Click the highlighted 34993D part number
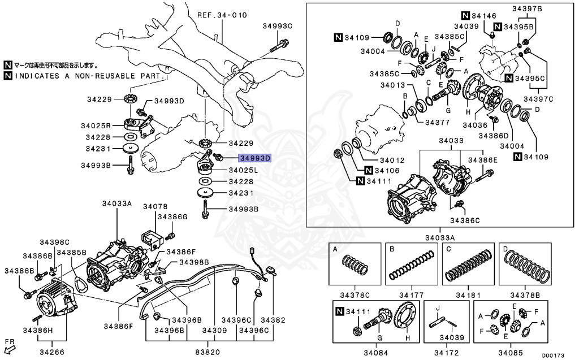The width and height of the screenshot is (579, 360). pyautogui.click(x=255, y=158)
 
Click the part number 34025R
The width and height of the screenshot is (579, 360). pyautogui.click(x=102, y=125)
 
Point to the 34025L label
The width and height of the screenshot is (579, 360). pyautogui.click(x=244, y=170)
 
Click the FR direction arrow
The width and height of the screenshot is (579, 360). pyautogui.click(x=10, y=346)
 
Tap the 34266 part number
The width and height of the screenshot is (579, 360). pyautogui.click(x=52, y=352)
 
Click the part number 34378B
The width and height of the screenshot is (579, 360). pyautogui.click(x=525, y=294)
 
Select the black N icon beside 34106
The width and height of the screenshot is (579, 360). pyautogui.click(x=369, y=170)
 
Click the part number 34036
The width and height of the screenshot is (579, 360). pyautogui.click(x=475, y=125)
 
